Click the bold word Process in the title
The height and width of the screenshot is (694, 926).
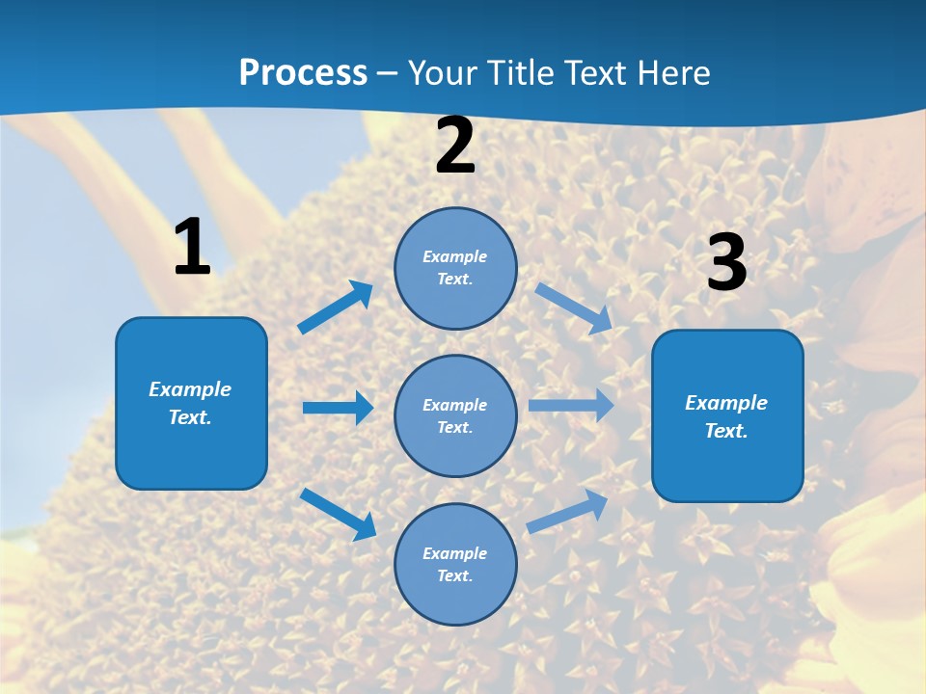303,73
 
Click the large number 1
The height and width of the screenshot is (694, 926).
192,248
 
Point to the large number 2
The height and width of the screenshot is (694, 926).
455,147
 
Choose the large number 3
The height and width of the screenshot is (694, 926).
726,263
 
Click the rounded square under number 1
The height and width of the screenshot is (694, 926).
191,403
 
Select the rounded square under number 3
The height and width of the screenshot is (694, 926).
727,415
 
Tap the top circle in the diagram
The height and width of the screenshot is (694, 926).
455,268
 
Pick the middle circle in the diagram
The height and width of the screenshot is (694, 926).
455,415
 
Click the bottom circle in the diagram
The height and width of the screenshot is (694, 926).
455,564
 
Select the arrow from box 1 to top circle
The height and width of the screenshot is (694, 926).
336,307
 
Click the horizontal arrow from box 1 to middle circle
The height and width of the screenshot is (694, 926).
338,408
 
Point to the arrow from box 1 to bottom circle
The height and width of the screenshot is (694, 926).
338,514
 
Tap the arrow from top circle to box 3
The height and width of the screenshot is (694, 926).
573,307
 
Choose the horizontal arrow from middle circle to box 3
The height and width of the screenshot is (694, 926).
571,405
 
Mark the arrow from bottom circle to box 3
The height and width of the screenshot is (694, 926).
567,511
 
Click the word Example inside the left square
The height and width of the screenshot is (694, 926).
190,389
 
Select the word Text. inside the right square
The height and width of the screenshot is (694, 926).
726,431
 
